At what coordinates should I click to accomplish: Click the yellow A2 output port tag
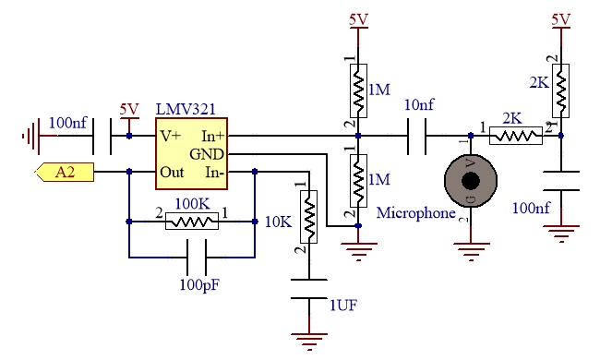point(65,173)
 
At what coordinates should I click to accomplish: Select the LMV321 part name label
point(186,110)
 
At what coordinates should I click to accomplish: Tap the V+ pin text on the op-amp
point(170,136)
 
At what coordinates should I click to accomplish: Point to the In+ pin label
point(212,136)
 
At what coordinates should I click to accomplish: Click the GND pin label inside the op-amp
point(207,154)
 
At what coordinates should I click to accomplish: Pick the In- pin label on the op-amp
point(214,173)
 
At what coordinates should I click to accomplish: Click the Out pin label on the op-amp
point(172,173)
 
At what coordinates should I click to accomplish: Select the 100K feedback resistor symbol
point(192,222)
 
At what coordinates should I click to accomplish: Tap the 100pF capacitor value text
point(199,284)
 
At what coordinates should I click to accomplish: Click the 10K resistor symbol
point(309,217)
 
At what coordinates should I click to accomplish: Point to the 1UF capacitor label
point(343,306)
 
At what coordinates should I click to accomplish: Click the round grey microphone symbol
point(471,181)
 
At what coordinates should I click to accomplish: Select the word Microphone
point(416,213)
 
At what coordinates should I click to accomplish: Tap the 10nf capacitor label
point(419,105)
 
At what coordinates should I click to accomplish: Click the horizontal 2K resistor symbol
point(516,136)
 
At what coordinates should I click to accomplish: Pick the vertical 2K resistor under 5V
point(560,90)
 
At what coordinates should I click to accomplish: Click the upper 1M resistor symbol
point(358,90)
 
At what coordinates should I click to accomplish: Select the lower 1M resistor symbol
point(358,181)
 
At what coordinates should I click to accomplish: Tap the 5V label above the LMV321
point(129,110)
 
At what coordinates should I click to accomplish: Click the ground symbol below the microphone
point(471,250)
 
